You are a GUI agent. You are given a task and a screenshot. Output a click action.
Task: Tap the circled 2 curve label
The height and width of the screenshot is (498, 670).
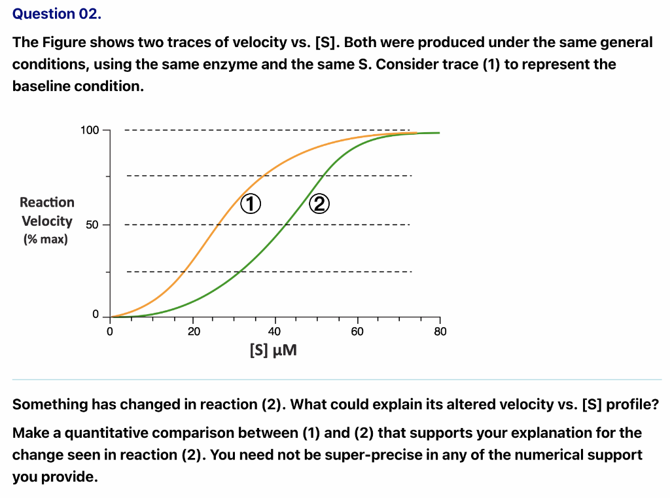click(x=319, y=204)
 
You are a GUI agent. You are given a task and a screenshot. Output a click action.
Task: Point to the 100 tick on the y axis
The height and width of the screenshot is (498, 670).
click(x=90, y=130)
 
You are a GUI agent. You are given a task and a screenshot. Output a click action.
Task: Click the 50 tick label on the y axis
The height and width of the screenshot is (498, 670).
click(x=92, y=225)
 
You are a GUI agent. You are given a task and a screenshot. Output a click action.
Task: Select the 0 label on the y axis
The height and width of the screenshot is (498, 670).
click(x=96, y=315)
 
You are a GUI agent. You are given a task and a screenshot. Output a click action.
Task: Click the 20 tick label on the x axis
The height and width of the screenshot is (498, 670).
click(x=193, y=332)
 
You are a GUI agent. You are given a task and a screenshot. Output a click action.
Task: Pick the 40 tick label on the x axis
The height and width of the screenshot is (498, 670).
click(x=275, y=332)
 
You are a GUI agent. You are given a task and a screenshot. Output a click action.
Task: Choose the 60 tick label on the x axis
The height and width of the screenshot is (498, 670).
click(x=357, y=332)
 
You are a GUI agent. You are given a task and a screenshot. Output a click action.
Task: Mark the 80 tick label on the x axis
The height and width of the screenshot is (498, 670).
click(x=440, y=332)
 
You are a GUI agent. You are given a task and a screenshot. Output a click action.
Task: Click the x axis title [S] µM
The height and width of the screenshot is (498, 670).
click(x=273, y=351)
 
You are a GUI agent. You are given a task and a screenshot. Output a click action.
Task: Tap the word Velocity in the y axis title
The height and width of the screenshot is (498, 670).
click(x=47, y=221)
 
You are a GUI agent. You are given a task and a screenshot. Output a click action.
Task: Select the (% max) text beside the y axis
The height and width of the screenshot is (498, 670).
click(x=45, y=240)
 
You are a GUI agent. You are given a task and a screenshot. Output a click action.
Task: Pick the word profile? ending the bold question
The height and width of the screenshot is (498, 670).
click(x=632, y=404)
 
